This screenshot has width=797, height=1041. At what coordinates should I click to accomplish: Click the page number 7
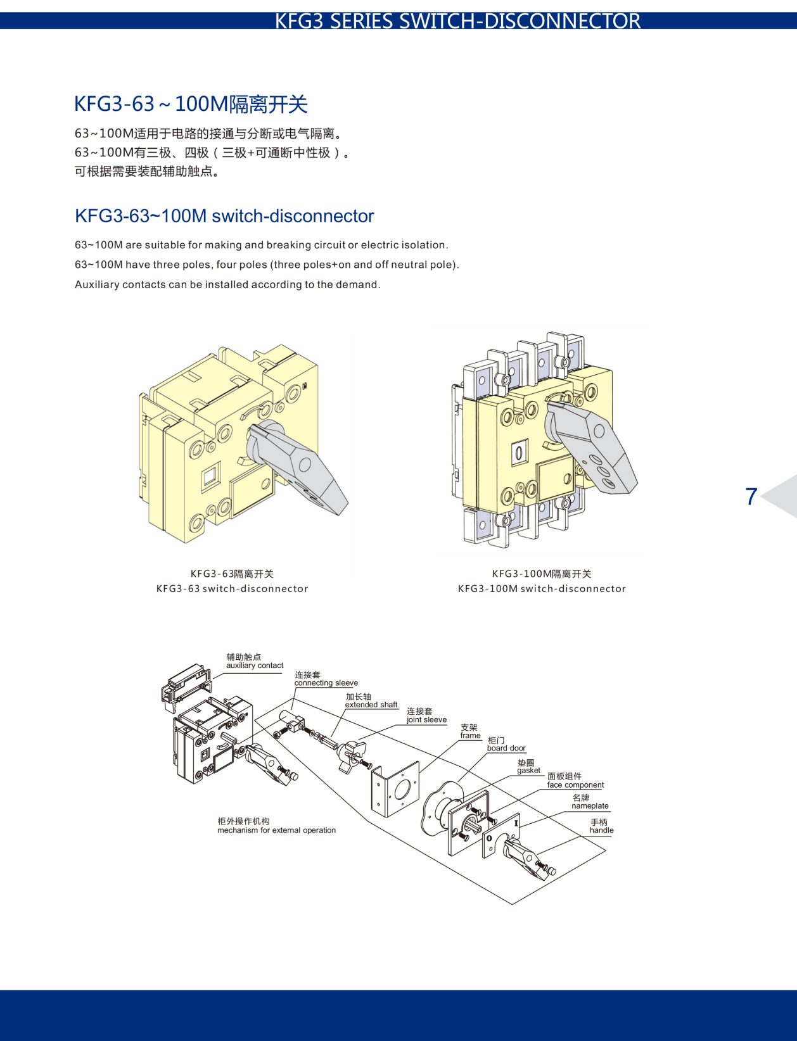pyautogui.click(x=751, y=496)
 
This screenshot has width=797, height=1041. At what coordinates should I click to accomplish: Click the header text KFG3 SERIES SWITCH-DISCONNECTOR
pyautogui.click(x=457, y=21)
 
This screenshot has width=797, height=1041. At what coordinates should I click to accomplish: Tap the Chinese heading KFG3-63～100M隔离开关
pyautogui.click(x=191, y=104)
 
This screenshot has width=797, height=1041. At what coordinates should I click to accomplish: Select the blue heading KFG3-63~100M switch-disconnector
pyautogui.click(x=224, y=216)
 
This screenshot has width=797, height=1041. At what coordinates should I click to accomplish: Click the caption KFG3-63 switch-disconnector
pyautogui.click(x=232, y=589)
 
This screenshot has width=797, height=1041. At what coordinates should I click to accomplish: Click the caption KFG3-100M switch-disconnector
pyautogui.click(x=542, y=589)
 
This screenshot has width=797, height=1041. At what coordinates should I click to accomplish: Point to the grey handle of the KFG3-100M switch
pyautogui.click(x=596, y=450)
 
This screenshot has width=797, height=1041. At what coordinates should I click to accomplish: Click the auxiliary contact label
pyautogui.click(x=255, y=666)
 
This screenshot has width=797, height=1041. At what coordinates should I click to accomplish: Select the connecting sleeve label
pyautogui.click(x=326, y=683)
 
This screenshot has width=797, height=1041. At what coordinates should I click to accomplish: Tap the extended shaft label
pyautogui.click(x=371, y=704)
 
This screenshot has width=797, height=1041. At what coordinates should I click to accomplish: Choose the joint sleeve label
pyautogui.click(x=426, y=719)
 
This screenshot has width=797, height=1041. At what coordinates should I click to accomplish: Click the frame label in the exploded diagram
pyautogui.click(x=470, y=735)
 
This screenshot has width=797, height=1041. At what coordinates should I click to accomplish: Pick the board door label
pyautogui.click(x=506, y=748)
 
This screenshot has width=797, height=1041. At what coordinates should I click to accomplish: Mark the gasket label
pyautogui.click(x=528, y=770)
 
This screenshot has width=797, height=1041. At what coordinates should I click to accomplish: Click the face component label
pyautogui.click(x=575, y=785)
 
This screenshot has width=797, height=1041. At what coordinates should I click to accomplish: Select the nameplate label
pyautogui.click(x=590, y=805)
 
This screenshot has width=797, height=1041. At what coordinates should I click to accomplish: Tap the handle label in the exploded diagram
pyautogui.click(x=601, y=830)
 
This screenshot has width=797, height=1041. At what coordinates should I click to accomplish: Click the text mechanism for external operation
pyautogui.click(x=276, y=830)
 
